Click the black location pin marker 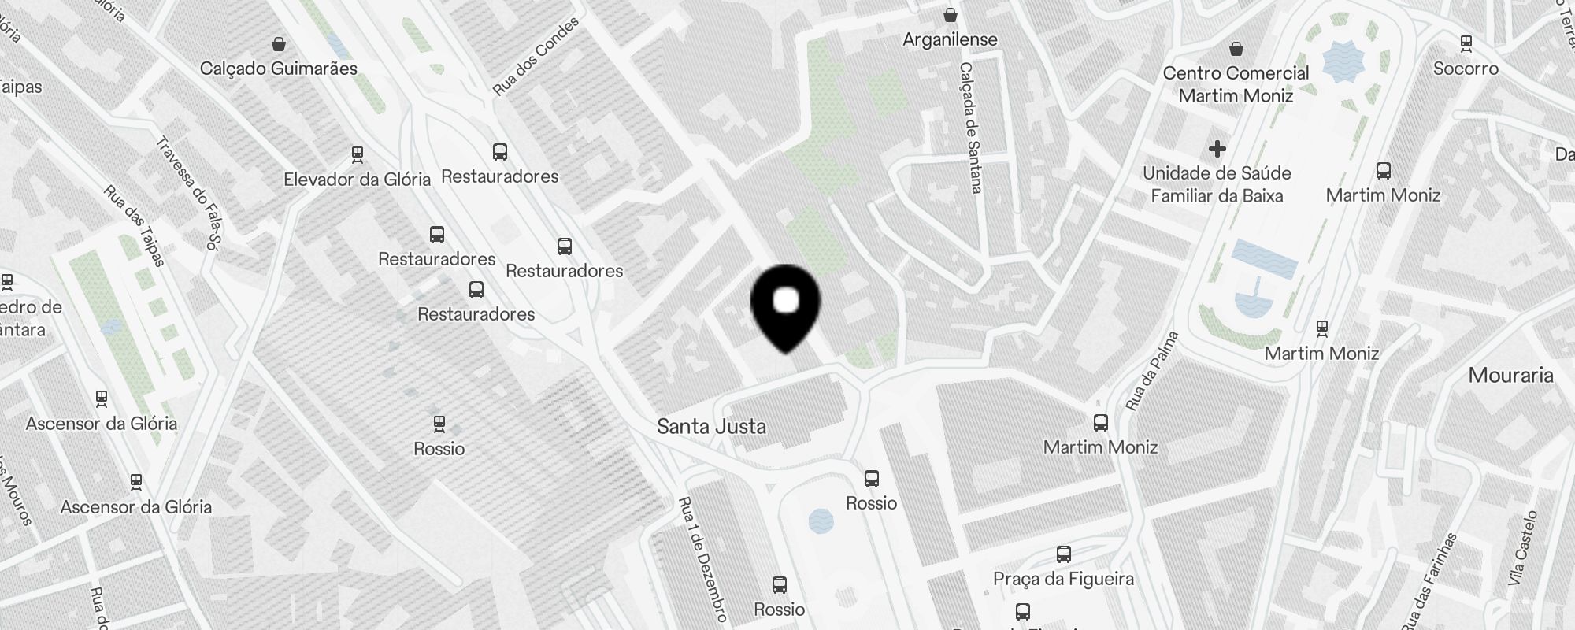[x=786, y=306]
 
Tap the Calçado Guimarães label [x=279, y=69]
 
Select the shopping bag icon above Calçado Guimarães [x=279, y=43]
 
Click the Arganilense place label [x=950, y=39]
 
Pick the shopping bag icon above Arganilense [x=951, y=14]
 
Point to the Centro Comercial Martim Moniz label [x=1236, y=84]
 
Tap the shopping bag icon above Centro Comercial [x=1236, y=48]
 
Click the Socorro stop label [x=1466, y=69]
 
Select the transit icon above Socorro [x=1466, y=43]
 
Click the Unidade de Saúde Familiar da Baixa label [x=1217, y=184]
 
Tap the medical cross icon [x=1217, y=148]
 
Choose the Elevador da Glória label [x=358, y=180]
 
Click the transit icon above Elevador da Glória [x=358, y=153]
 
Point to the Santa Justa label [x=711, y=427]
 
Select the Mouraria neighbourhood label [x=1510, y=376]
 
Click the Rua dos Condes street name [x=535, y=57]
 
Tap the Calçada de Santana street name [x=969, y=128]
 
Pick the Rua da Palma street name [x=1151, y=371]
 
